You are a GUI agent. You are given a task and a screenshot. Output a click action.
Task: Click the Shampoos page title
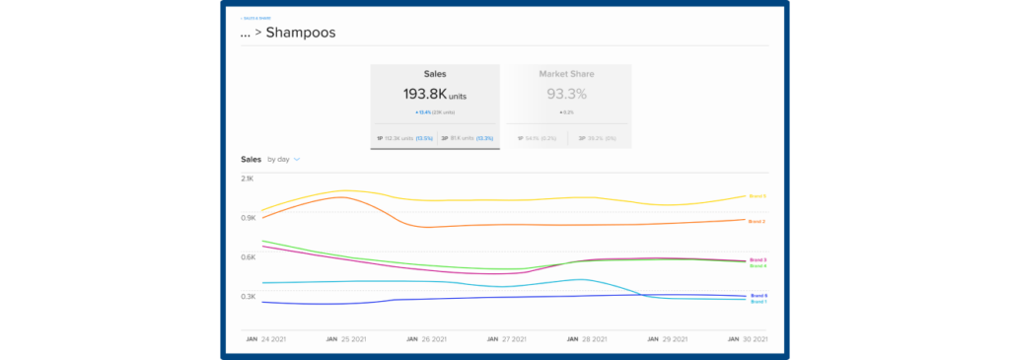pyautogui.click(x=300, y=33)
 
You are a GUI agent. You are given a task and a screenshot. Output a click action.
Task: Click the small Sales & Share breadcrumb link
pyautogui.click(x=256, y=18)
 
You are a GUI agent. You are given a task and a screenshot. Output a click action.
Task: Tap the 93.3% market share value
pyautogui.click(x=566, y=95)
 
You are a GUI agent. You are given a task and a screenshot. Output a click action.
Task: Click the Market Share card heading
pyautogui.click(x=566, y=74)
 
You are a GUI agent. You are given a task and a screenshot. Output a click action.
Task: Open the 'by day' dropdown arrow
pyautogui.click(x=296, y=159)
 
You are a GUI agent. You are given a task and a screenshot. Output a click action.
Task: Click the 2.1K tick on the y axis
pyautogui.click(x=248, y=179)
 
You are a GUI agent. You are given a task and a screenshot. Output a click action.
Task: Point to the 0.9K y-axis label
pyautogui.click(x=248, y=218)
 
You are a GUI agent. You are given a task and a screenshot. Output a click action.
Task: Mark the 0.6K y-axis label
pyautogui.click(x=248, y=257)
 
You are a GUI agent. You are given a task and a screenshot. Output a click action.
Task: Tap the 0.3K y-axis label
pyautogui.click(x=248, y=297)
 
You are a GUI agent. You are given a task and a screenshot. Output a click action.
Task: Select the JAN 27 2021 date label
pyautogui.click(x=506, y=338)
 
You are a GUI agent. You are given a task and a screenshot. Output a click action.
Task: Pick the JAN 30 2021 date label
pyautogui.click(x=748, y=338)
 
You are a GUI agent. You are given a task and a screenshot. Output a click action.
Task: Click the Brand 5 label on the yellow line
pyautogui.click(x=757, y=196)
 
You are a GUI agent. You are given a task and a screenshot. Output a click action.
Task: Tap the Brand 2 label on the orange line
pyautogui.click(x=757, y=222)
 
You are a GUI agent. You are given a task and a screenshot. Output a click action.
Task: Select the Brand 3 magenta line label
pyautogui.click(x=757, y=259)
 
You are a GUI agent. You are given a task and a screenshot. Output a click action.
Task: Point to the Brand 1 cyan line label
pyautogui.click(x=757, y=302)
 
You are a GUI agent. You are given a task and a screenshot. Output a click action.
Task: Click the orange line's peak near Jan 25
pyautogui.click(x=340, y=197)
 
